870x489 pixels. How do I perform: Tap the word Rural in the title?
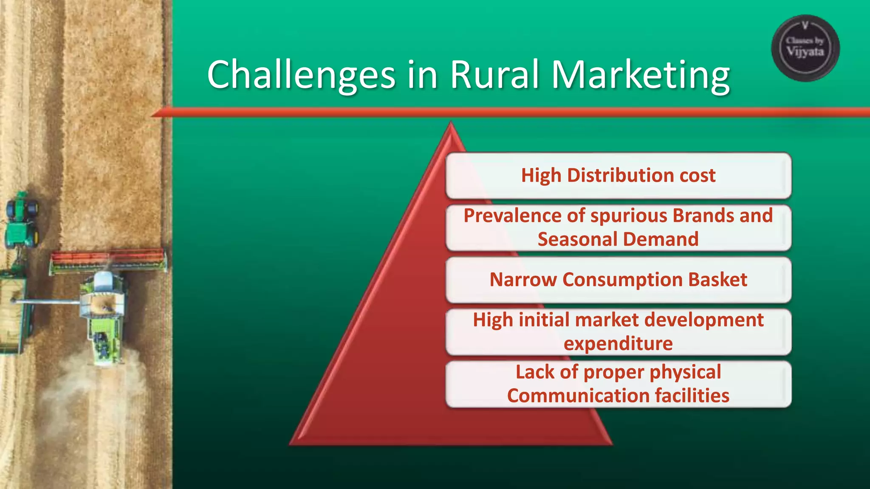[494, 75]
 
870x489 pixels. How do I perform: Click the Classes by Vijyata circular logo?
[805, 48]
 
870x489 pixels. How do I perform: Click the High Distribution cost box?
[618, 176]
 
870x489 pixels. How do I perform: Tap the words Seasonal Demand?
[618, 239]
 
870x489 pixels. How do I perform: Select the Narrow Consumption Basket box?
[618, 280]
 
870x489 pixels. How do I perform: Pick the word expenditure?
[618, 344]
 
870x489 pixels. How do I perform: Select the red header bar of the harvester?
[108, 257]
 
